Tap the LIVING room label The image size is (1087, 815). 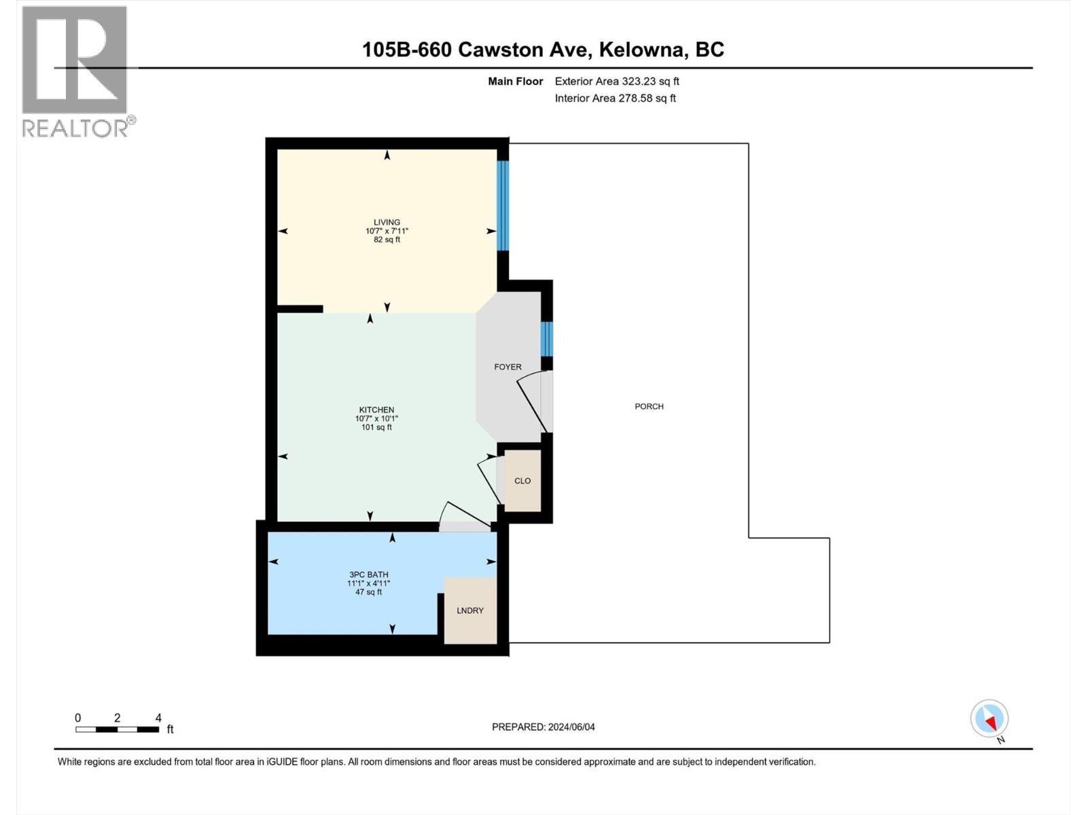click(387, 222)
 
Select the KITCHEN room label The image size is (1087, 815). click(376, 410)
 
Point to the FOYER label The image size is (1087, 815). click(507, 367)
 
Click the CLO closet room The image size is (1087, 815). click(522, 481)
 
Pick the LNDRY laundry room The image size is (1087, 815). click(470, 611)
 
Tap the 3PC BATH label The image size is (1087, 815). click(369, 575)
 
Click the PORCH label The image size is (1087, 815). click(649, 406)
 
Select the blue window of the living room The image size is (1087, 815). click(503, 205)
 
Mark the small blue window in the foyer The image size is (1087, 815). click(546, 339)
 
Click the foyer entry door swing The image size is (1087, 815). click(533, 401)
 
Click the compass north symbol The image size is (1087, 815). click(989, 719)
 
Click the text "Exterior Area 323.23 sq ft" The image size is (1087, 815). click(617, 81)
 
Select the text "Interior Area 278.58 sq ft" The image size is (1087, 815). click(615, 98)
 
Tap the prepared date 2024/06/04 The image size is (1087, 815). click(571, 727)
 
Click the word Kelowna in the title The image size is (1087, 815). click(643, 50)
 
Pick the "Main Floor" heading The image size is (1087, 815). click(516, 81)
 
